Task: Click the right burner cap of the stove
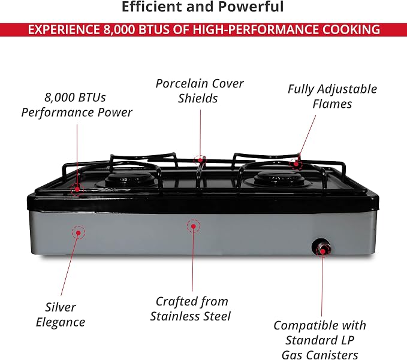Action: [x=279, y=178]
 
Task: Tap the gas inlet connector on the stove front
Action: [x=322, y=247]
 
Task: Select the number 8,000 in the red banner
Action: [x=119, y=29]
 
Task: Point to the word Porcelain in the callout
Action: [x=182, y=83]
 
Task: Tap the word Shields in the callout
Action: [x=198, y=98]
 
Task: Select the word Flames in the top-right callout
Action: [x=332, y=104]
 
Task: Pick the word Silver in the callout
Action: [x=61, y=307]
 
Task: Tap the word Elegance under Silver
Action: [x=61, y=322]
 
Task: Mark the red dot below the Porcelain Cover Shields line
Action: [x=200, y=160]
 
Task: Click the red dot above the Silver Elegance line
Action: [x=78, y=232]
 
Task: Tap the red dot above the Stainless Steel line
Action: [x=194, y=226]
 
